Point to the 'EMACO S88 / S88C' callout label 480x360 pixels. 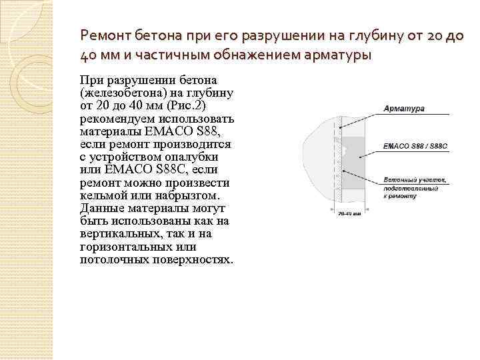point(415,144)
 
